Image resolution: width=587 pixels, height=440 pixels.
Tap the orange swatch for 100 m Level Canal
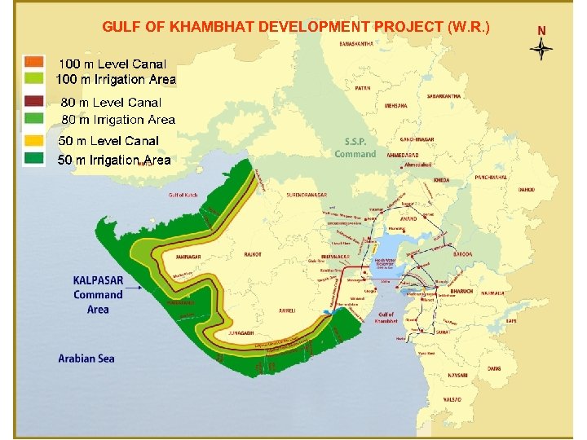tap(33, 62)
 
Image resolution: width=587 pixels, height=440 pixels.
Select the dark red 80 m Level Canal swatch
tap(33, 102)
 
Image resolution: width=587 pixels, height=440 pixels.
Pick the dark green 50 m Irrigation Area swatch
tap(33, 158)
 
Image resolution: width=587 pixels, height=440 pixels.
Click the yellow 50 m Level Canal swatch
tap(33, 140)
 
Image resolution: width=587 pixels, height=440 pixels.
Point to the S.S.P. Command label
tap(355, 148)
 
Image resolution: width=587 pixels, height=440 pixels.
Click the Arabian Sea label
tap(86, 358)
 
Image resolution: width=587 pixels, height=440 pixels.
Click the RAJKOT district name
tap(253, 255)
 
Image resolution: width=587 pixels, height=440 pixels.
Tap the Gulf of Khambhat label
tap(386, 318)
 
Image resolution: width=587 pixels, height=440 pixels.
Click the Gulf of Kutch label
tap(183, 195)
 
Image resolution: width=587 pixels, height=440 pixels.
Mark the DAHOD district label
tap(527, 190)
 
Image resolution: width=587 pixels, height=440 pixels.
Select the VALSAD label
tap(452, 400)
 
